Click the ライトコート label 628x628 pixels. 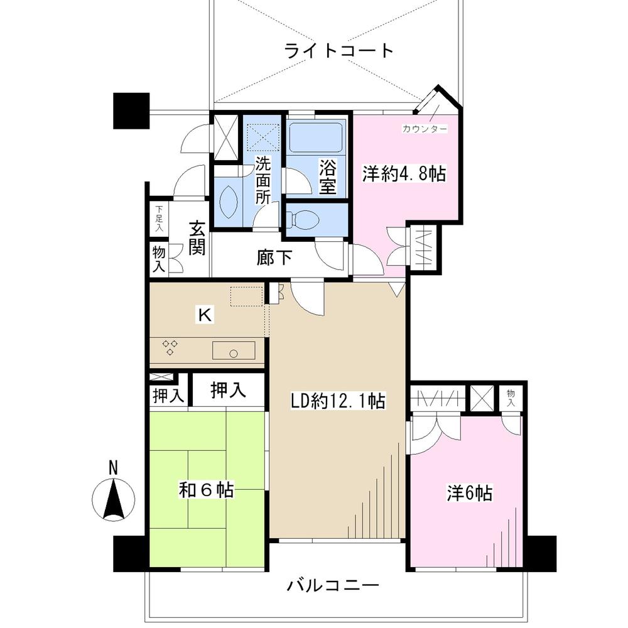(338, 50)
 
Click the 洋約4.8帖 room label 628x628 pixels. (403, 175)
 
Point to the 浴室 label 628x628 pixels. (327, 177)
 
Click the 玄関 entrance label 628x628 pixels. (197, 238)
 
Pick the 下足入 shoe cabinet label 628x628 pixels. (160, 219)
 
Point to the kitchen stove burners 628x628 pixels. (170, 347)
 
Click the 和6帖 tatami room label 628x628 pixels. (207, 490)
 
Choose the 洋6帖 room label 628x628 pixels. (469, 494)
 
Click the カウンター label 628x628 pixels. (425, 129)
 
